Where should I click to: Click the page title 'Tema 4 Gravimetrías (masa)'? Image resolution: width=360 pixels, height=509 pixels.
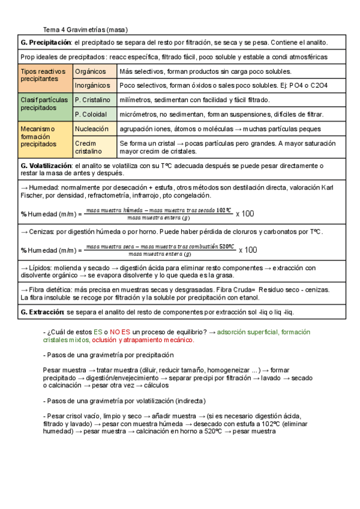pyautogui.click(x=86, y=29)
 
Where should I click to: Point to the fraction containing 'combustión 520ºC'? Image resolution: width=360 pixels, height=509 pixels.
pyautogui.click(x=160, y=250)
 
